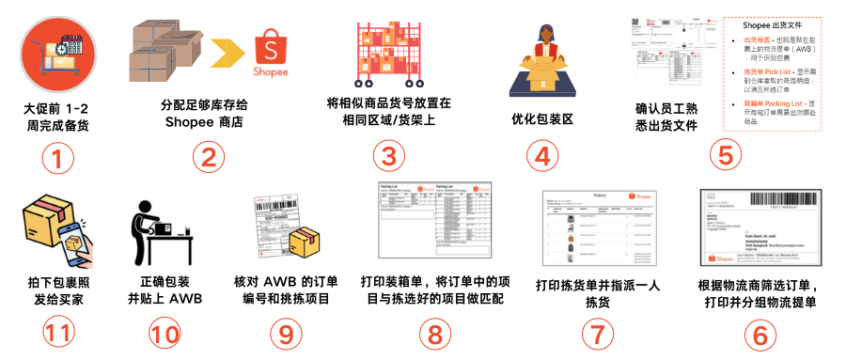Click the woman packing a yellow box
(x=542, y=56)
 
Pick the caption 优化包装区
(x=541, y=120)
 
